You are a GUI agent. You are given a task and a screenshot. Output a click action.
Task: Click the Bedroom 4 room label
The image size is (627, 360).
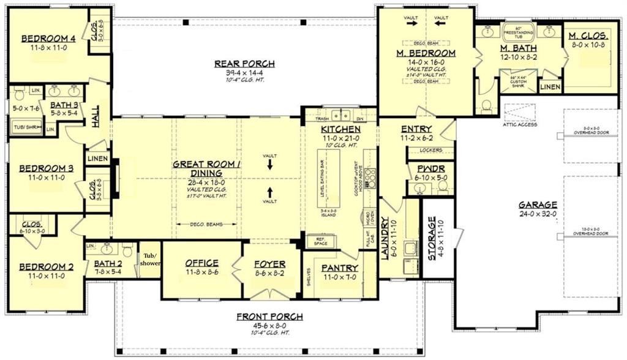48,39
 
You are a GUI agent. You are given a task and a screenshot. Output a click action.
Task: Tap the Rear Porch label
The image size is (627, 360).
244,64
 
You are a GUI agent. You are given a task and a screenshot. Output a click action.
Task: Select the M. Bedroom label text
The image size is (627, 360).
426,53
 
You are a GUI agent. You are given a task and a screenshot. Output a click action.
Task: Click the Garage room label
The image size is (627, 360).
538,204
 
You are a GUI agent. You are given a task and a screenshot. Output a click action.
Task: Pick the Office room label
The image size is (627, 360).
201,263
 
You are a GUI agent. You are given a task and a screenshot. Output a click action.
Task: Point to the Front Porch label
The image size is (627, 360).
269,317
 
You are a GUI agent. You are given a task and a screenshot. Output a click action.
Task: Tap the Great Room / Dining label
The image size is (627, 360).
206,168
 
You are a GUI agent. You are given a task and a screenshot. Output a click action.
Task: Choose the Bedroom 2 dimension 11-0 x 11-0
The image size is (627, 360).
41,276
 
